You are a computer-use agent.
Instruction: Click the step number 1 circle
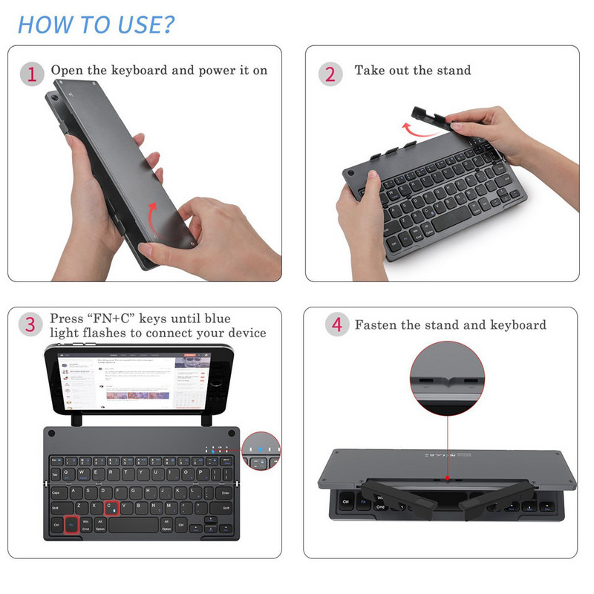point(32,74)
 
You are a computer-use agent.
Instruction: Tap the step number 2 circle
point(330,74)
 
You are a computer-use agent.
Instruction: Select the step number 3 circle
point(30,324)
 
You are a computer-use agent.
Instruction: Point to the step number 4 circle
point(337,325)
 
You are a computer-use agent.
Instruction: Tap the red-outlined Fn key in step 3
point(71,525)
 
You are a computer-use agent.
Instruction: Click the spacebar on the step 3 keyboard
point(133,525)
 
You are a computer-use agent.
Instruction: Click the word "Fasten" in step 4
point(376,325)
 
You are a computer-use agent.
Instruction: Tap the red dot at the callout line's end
point(448,480)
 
